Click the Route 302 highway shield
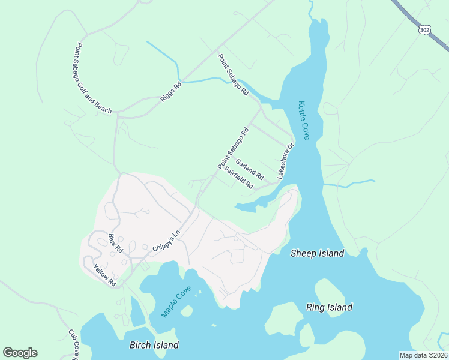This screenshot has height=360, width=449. tap(424, 29)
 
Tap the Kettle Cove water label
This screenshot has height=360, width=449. tap(304, 121)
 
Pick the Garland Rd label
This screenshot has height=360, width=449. tap(250, 169)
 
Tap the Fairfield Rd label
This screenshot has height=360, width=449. tap(239, 178)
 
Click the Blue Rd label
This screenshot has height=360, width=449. tap(115, 243)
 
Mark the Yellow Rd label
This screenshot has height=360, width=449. tap(104, 275)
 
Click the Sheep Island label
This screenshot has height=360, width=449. tap(317, 253)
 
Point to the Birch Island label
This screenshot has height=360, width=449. tap(154, 345)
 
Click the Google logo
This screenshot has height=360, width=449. tap(20, 353)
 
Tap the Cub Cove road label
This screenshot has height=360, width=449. tap(74, 345)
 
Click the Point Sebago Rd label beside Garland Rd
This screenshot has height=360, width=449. tap(233, 148)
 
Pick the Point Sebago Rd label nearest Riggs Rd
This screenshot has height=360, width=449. tap(233, 75)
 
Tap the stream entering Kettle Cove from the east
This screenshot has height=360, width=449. tap(351, 182)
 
